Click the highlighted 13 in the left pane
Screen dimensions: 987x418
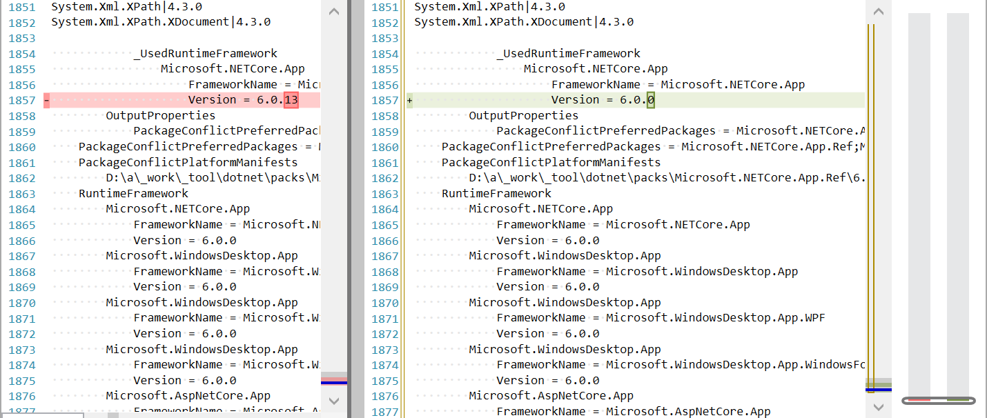click(291, 100)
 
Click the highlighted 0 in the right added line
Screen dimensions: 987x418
click(650, 100)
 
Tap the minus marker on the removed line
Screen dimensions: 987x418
click(46, 101)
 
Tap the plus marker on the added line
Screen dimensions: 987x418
click(410, 101)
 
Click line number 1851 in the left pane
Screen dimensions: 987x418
click(22, 7)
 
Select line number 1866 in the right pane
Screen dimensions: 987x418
click(385, 241)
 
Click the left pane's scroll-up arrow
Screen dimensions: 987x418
click(334, 12)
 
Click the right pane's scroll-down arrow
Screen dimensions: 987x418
click(879, 407)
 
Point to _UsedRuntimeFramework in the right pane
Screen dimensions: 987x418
click(568, 54)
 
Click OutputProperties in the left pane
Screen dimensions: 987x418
click(160, 116)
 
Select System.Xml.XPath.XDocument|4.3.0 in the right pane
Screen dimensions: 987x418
click(524, 22)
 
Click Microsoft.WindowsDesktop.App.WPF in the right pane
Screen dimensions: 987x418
click(716, 318)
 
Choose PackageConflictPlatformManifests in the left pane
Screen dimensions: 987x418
click(188, 163)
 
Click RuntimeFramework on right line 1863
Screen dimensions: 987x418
click(496, 194)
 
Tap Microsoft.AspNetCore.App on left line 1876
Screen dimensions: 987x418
click(188, 396)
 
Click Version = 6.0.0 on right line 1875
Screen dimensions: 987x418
click(548, 380)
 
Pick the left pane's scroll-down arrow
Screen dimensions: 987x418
click(334, 400)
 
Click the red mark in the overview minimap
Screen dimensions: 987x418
click(919, 399)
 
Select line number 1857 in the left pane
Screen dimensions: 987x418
click(22, 101)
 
